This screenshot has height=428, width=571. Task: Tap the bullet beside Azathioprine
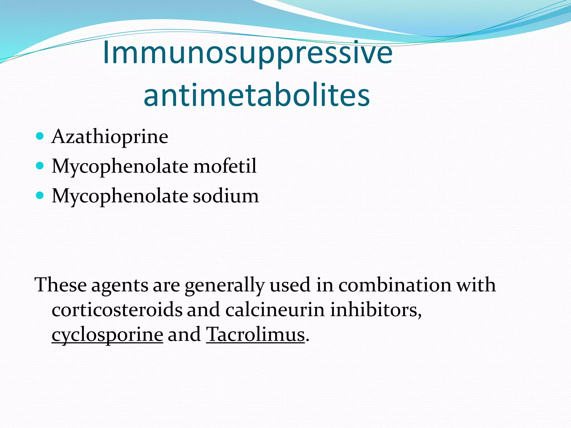[40, 136]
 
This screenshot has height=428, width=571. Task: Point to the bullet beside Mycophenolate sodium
[40, 196]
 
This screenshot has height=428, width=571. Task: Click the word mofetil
[225, 166]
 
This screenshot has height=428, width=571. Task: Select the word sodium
[226, 196]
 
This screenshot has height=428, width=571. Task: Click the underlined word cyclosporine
[107, 334]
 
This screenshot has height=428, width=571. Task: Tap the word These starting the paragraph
[61, 285]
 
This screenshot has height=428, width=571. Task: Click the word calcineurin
[275, 310]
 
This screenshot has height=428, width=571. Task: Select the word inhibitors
[375, 310]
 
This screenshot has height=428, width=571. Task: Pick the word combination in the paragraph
[395, 285]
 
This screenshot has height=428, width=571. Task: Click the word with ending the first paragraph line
[476, 285]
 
